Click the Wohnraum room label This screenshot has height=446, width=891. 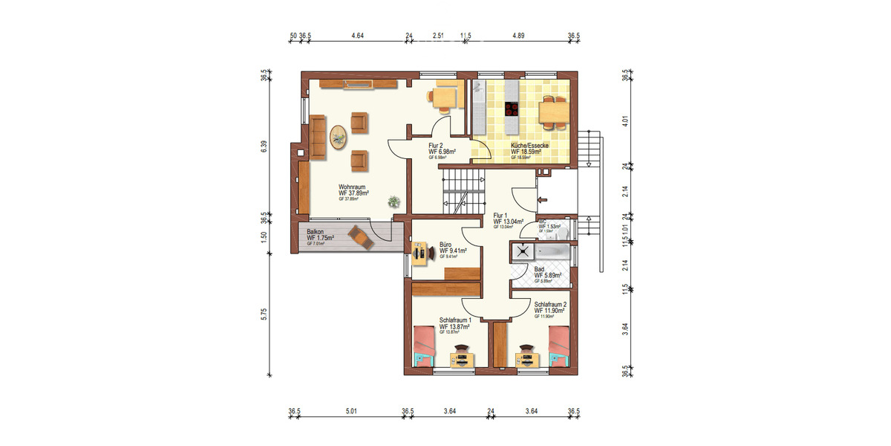pyautogui.click(x=353, y=190)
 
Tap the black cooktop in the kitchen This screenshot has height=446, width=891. pyautogui.click(x=511, y=109)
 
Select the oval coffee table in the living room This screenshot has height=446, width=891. pyautogui.click(x=338, y=136)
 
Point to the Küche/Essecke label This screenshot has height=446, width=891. pyautogui.click(x=529, y=146)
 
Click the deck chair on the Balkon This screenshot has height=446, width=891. pyautogui.click(x=362, y=238)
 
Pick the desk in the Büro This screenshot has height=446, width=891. pyautogui.click(x=420, y=253)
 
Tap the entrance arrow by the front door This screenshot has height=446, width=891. pyautogui.click(x=541, y=199)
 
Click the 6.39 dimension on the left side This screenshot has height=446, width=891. pyautogui.click(x=264, y=147)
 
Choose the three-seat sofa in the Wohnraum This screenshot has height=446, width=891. pyautogui.click(x=319, y=137)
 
